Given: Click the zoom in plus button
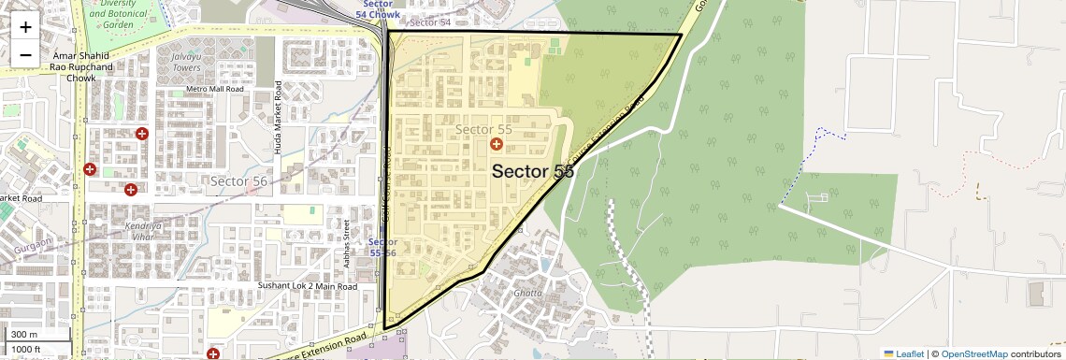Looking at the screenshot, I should [25, 27].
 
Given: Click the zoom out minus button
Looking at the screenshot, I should [25, 54].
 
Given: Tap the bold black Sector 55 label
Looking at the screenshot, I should [532, 171].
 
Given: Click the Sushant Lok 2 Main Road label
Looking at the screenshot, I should [307, 282].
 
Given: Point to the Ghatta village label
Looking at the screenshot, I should [526, 293].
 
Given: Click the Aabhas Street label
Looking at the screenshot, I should [346, 243].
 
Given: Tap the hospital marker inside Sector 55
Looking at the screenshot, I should [497, 145].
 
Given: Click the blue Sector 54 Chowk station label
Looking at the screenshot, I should [381, 9].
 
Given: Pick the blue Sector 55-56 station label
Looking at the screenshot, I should [383, 247].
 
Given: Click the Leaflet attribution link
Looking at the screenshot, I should [903, 353].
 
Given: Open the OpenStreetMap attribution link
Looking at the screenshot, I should [973, 353].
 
